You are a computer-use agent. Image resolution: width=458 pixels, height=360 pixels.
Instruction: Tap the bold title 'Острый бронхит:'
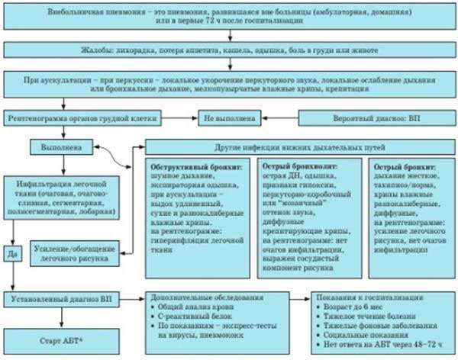(398, 166)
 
